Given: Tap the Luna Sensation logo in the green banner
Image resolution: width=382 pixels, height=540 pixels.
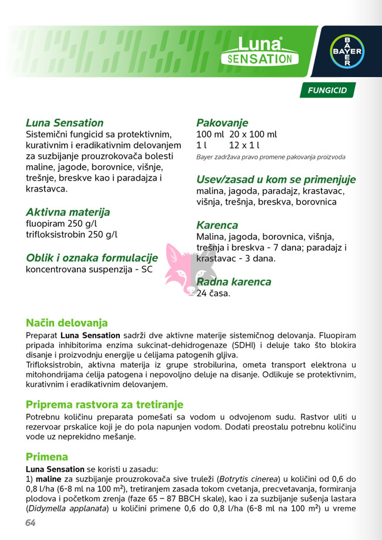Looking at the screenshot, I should coord(259,51).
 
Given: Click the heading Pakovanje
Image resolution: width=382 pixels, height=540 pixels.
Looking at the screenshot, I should coord(222,123).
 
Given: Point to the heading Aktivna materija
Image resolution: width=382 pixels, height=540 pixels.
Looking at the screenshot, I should coord(68,212).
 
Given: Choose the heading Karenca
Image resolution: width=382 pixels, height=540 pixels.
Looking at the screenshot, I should coord(217,225).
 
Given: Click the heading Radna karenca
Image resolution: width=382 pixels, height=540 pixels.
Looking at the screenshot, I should coord(233,281).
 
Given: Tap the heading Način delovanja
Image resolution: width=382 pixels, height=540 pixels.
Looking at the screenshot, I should coord(66,323).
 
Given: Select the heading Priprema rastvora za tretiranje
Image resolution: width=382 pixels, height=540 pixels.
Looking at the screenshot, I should coord(105,405).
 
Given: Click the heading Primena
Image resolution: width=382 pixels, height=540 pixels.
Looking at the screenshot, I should coord(47,457).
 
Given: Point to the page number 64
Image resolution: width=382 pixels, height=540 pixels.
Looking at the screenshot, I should coord(31,523).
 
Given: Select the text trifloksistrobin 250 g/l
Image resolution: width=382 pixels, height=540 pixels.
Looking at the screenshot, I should coord(72,234).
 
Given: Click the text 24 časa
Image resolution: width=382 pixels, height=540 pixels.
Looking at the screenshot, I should coord(213,293).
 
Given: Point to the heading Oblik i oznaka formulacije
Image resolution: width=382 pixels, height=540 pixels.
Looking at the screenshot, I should coord(92,258).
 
